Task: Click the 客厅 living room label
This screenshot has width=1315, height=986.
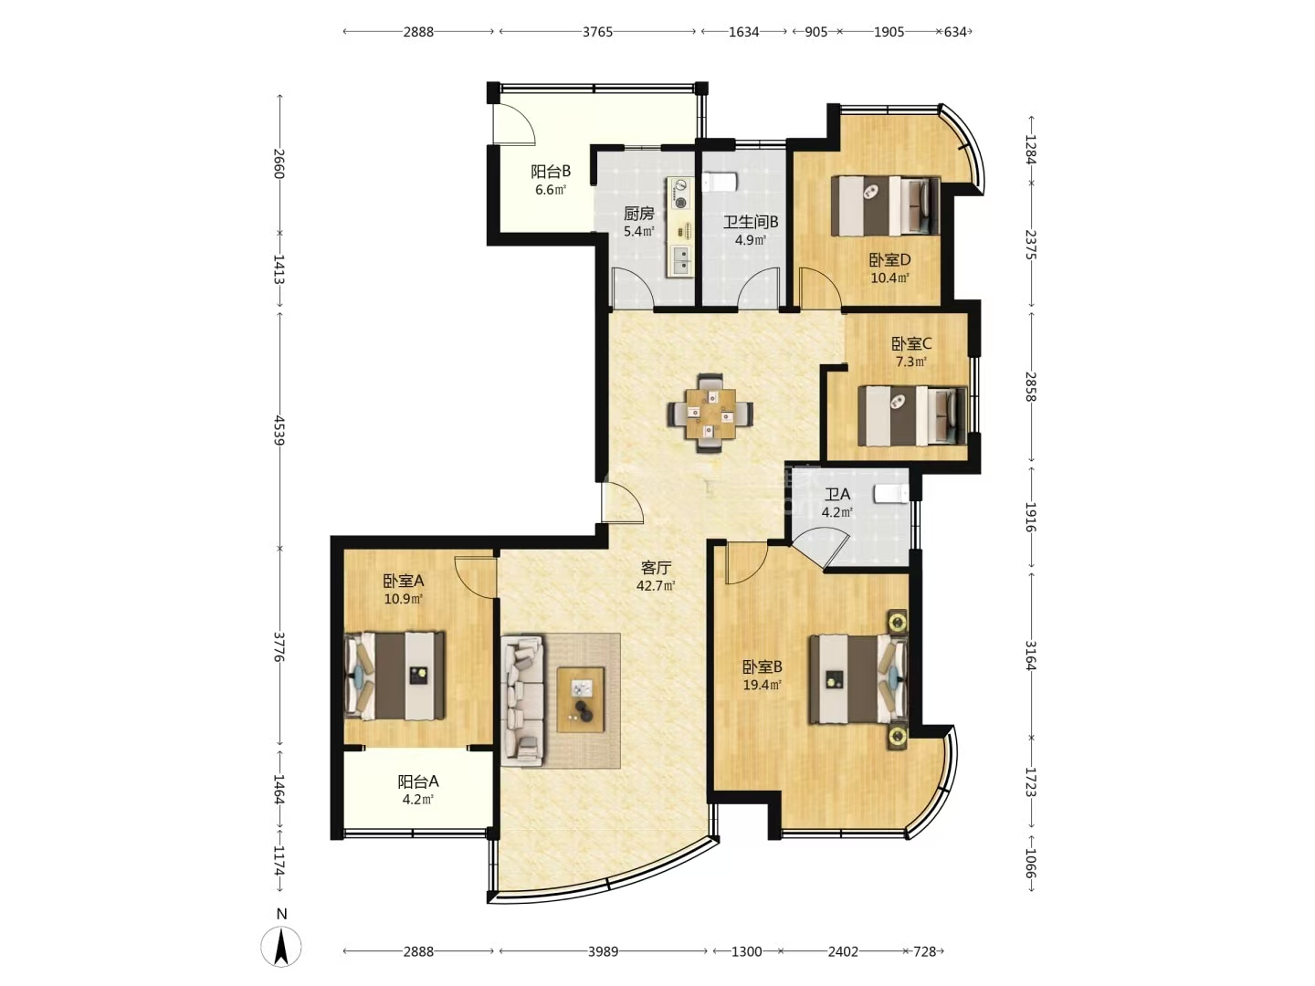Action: pos(656,567)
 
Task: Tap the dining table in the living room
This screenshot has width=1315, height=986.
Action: pos(710,413)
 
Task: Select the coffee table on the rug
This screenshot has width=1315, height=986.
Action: pos(580,699)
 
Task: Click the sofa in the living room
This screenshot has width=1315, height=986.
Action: pos(523,700)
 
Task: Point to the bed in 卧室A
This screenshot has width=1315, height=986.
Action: pos(394,676)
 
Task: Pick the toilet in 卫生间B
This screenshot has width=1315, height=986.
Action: pos(719,182)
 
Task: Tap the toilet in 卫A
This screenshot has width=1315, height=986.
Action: pos(891,493)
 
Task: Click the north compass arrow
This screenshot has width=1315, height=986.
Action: pos(281,946)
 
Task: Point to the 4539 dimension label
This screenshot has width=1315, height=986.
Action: pos(279,429)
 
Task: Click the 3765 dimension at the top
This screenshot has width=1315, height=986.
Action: pos(597,32)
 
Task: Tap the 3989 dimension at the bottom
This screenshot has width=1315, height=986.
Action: pos(603,951)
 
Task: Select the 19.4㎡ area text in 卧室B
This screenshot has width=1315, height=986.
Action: pos(762,685)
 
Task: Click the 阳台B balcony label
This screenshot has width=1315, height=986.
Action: pos(551,172)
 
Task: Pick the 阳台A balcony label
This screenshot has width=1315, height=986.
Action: pos(418,781)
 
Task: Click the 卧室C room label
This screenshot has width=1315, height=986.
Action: pos(911,343)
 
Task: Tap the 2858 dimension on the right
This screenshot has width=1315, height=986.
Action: pos(1030,386)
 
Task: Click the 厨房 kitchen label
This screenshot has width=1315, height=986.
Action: pos(638,213)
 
